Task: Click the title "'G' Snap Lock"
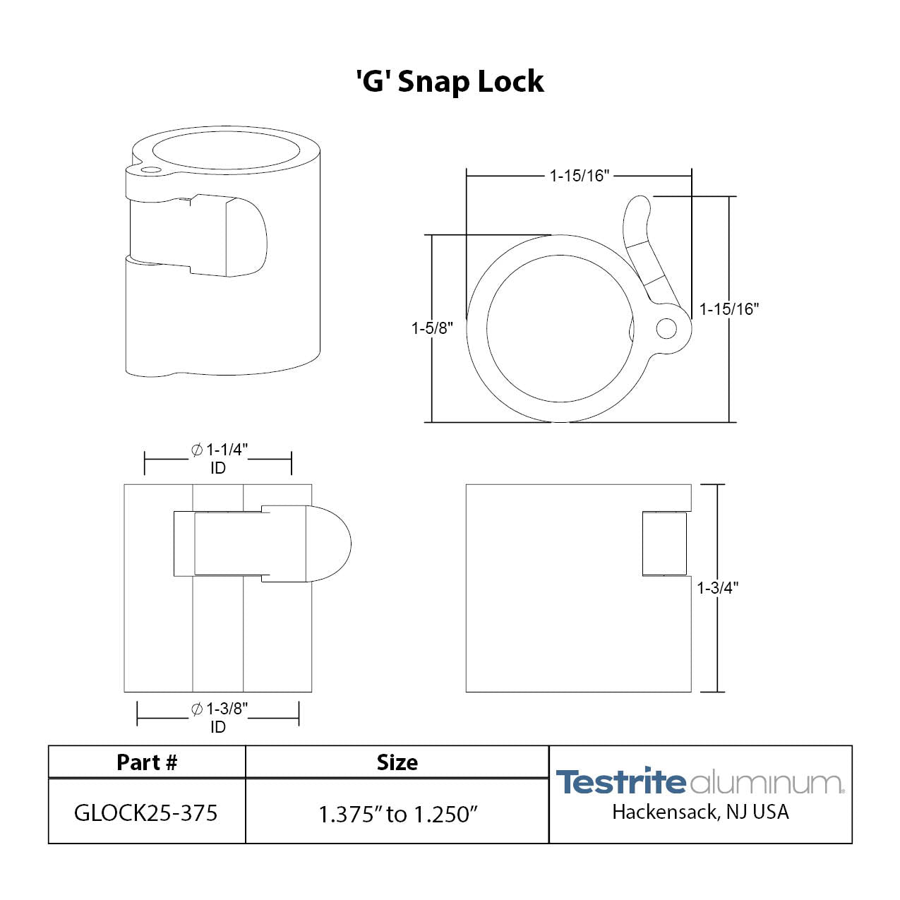[450, 82]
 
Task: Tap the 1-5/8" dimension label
[432, 328]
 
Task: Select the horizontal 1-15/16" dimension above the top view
[579, 176]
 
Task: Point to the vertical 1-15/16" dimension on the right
[728, 309]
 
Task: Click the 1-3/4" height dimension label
[717, 588]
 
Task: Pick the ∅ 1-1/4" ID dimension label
[219, 458]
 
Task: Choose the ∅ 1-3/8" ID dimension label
[219, 717]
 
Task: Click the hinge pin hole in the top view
[666, 328]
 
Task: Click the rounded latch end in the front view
[330, 544]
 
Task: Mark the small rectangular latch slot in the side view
[664, 544]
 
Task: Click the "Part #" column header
[147, 762]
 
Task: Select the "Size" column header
[397, 762]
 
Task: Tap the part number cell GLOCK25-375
[146, 813]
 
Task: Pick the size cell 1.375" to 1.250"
[397, 814]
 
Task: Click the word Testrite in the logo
[620, 782]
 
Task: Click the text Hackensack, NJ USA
[700, 812]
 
